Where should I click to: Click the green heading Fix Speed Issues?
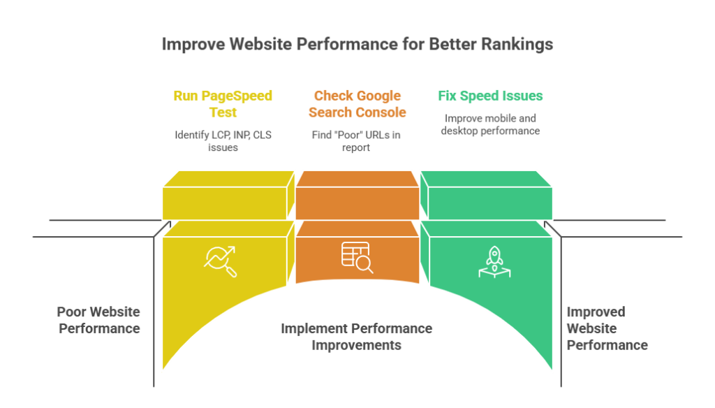(490, 95)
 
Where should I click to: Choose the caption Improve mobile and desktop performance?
(490, 124)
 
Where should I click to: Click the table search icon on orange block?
(357, 256)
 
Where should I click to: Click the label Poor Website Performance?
(98, 319)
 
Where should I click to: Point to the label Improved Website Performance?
(606, 328)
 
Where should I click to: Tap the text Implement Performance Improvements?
(356, 336)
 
